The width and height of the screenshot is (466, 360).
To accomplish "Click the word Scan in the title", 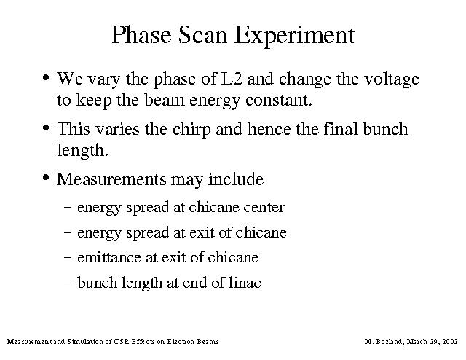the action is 202,35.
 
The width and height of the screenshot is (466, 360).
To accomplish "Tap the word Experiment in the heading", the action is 295,36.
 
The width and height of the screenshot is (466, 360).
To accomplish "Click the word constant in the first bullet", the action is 279,101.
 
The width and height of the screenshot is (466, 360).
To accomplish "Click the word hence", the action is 269,129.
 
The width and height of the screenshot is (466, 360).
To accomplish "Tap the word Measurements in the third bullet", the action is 111,179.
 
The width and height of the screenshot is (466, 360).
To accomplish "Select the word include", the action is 236,179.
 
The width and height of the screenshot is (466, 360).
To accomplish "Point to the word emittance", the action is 109,258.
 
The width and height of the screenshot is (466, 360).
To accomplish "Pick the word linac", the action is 245,282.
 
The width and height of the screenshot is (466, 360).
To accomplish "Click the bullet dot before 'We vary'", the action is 46,78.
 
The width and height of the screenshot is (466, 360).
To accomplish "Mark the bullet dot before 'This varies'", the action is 46,128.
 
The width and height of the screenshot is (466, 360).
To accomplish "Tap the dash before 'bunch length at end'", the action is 68,283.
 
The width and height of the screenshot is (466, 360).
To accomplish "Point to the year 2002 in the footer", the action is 450,341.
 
